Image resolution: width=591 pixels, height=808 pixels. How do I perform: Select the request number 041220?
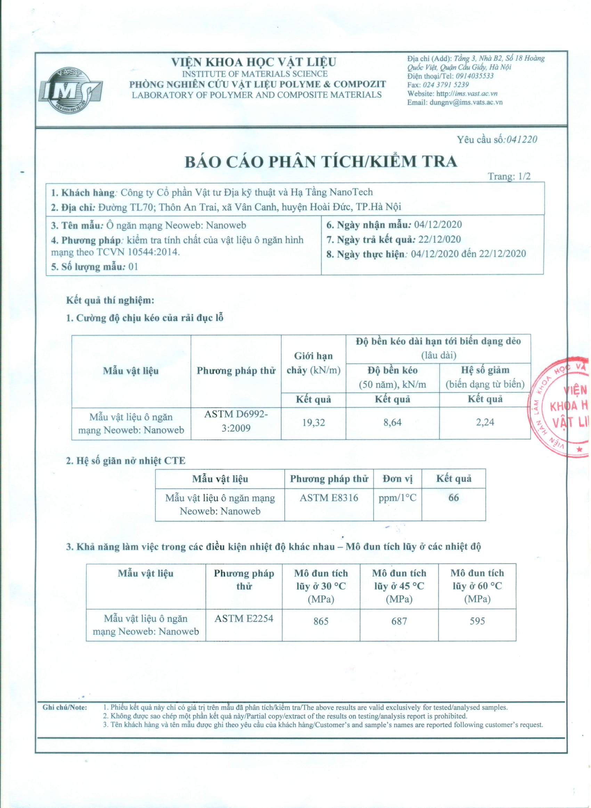point(520,139)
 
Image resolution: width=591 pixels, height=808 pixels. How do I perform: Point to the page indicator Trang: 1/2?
point(509,176)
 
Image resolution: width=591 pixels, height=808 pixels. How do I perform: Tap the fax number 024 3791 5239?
point(445,85)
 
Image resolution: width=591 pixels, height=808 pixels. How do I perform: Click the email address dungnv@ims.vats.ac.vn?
point(465,102)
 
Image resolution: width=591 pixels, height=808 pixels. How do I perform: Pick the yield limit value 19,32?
point(313,423)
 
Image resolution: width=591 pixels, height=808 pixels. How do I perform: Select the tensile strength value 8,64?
point(392,423)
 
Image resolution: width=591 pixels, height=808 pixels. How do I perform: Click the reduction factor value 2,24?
point(485,422)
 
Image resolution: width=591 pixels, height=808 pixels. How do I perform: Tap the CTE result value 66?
point(453,498)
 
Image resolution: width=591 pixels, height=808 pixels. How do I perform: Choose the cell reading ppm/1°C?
point(397,498)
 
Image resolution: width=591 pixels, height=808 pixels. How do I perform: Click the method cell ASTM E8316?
point(329,498)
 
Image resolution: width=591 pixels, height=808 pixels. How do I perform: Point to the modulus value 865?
point(321,621)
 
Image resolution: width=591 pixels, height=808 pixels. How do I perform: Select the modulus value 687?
point(399,621)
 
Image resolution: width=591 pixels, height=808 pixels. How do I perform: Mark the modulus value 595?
point(477,621)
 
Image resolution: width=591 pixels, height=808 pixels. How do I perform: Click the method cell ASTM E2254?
point(244,618)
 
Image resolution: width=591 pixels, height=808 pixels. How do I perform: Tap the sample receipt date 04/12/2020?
point(438,225)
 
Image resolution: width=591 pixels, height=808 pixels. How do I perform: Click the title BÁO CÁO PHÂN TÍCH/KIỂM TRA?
point(321,162)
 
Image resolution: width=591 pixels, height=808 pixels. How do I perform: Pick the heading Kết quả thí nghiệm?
point(110,300)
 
